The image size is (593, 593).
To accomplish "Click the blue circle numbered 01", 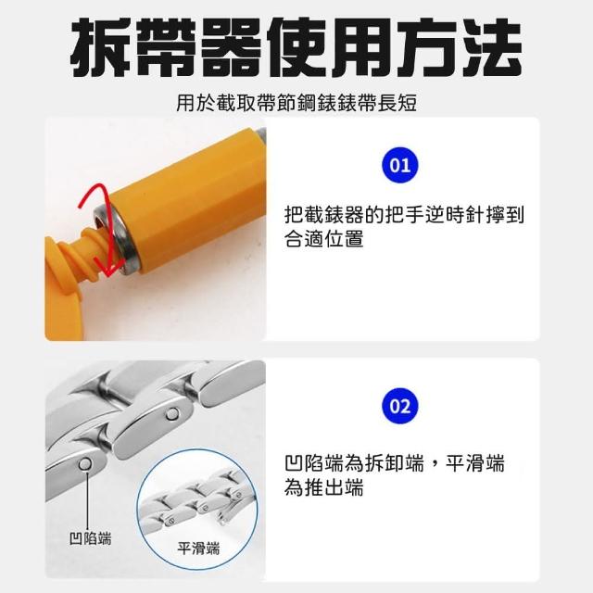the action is tap(399, 165).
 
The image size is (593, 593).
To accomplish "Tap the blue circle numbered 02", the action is tap(399, 406).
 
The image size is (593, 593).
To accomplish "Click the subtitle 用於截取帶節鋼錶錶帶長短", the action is tap(296, 103).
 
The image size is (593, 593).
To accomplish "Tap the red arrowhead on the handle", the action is tap(109, 270).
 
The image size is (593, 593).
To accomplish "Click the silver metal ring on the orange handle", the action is tap(118, 237).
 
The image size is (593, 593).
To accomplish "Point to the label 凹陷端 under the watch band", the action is tap(91, 538).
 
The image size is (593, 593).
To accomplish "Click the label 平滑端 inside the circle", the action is tap(198, 549).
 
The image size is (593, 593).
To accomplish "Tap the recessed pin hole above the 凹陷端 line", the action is tap(86, 463).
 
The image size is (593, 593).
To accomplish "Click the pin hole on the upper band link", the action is tap(173, 414).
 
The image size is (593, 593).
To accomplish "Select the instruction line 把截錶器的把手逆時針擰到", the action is tap(404, 215).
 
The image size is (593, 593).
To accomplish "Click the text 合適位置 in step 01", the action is tap(324, 239).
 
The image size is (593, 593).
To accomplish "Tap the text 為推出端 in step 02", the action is tap(324, 486).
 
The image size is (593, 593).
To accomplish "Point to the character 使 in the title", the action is tap(296, 47).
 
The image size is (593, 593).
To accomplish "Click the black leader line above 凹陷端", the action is tap(87, 500).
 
